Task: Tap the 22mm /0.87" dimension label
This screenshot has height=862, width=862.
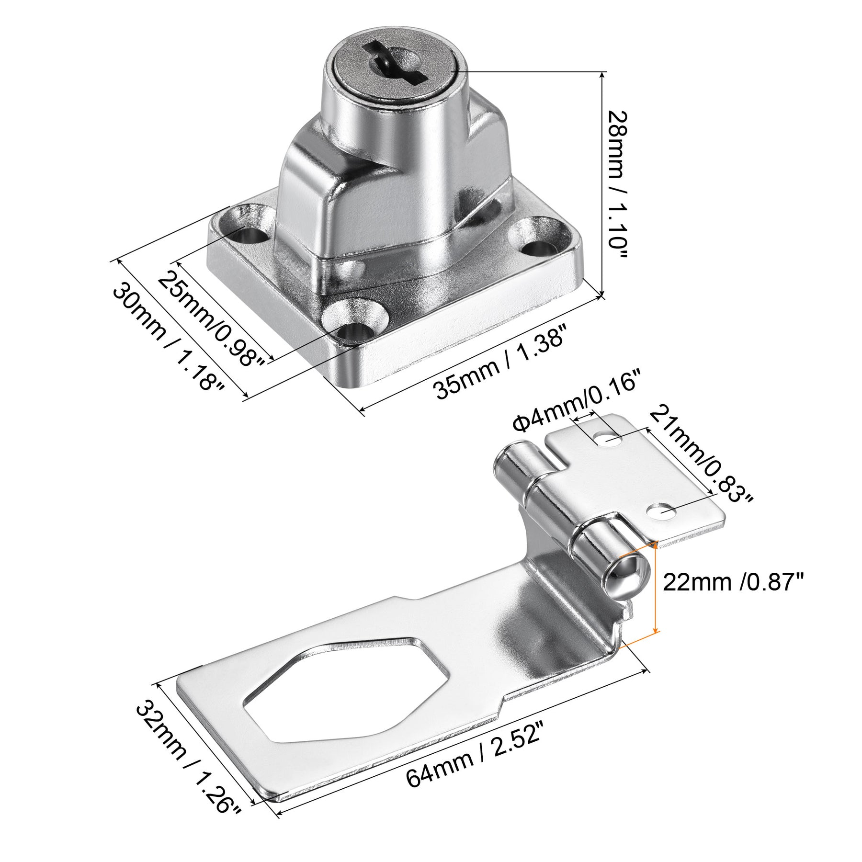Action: tap(732, 583)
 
